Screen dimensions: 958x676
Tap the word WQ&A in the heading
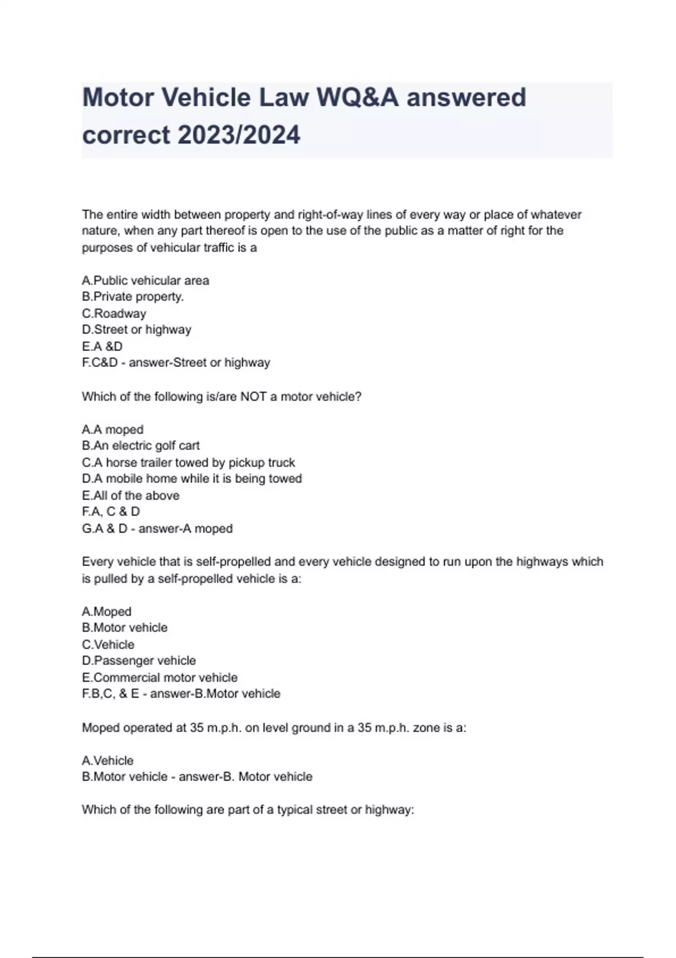(358, 97)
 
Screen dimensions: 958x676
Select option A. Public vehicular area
(145, 281)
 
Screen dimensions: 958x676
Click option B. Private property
(133, 296)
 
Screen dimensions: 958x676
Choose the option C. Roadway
(114, 313)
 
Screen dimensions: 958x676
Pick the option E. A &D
(102, 346)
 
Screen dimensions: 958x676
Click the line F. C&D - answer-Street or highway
(176, 362)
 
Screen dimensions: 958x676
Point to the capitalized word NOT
(253, 397)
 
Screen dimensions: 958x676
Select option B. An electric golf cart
(141, 446)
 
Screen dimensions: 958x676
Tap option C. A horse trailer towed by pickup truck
(188, 463)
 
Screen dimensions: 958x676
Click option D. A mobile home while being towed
(192, 479)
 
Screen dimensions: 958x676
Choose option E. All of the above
(131, 495)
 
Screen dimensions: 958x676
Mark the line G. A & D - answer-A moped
(157, 529)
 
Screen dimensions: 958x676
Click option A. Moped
(106, 611)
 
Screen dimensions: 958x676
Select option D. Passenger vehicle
(139, 660)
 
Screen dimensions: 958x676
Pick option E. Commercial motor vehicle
(159, 677)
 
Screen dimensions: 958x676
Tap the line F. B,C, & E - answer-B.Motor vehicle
(181, 694)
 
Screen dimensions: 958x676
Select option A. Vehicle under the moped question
(108, 760)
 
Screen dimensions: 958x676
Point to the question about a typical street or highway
(248, 810)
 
